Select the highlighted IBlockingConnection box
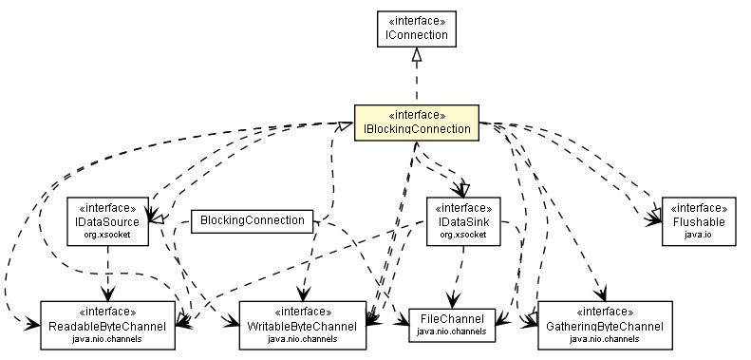point(415,122)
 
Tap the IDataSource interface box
point(107,220)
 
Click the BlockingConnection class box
point(251,221)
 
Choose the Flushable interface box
point(698,220)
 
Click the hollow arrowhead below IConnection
point(415,58)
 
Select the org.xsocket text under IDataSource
point(107,234)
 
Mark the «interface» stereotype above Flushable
point(698,207)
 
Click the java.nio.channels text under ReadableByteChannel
point(107,337)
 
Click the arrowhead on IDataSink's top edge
point(463,189)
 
